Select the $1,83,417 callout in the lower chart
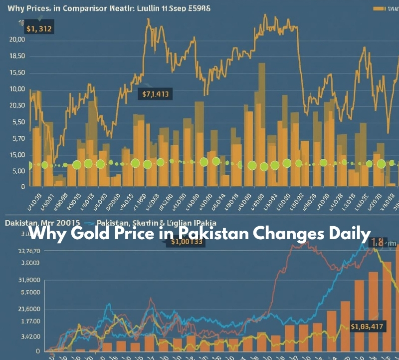pyautogui.click(x=367, y=327)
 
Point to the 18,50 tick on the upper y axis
pyautogui.click(x=17, y=56)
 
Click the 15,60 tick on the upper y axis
pyautogui.click(x=17, y=73)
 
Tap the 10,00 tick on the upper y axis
pyautogui.click(x=17, y=89)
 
